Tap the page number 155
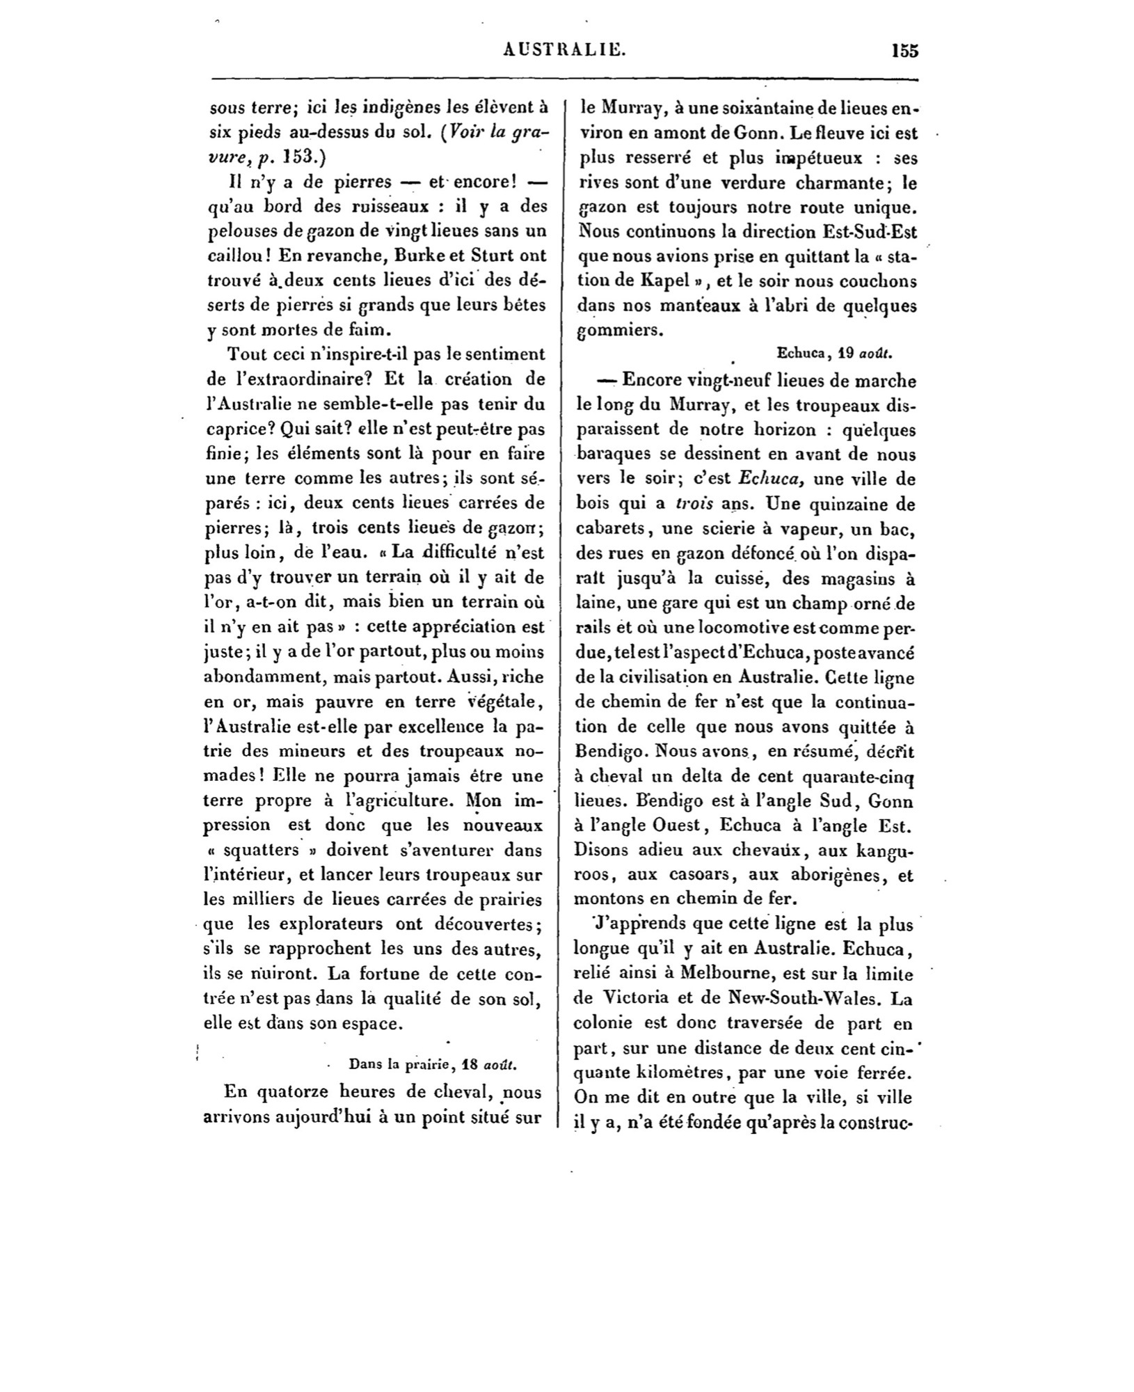pos(904,51)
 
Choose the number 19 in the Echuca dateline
pos(845,353)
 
